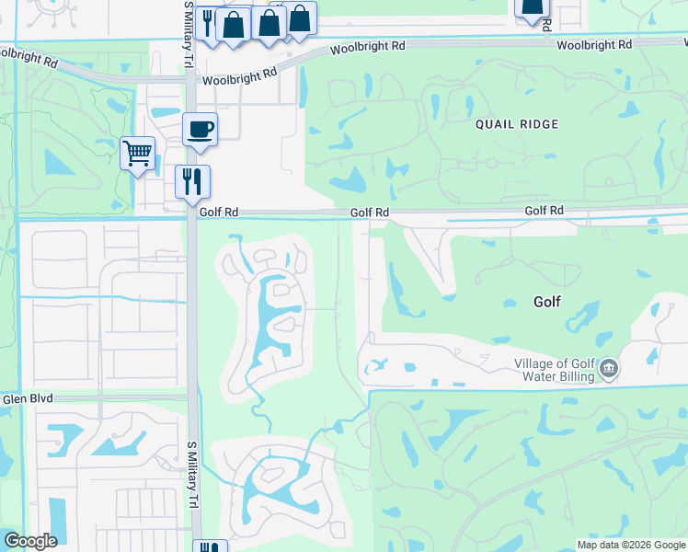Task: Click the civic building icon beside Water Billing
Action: click(608, 369)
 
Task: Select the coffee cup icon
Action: click(200, 129)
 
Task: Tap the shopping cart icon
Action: click(137, 152)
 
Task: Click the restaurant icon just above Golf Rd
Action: click(192, 180)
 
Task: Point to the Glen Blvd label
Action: click(28, 398)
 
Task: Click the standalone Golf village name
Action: click(546, 301)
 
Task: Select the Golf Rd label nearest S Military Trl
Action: click(218, 213)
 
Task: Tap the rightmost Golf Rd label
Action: click(544, 211)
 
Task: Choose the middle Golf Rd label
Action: click(369, 213)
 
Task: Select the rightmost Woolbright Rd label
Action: click(594, 44)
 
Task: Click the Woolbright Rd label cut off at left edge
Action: click(28, 58)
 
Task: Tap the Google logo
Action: click(30, 541)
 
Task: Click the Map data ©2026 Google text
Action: click(631, 545)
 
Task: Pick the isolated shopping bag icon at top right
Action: click(532, 8)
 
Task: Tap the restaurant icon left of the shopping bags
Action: click(207, 22)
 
